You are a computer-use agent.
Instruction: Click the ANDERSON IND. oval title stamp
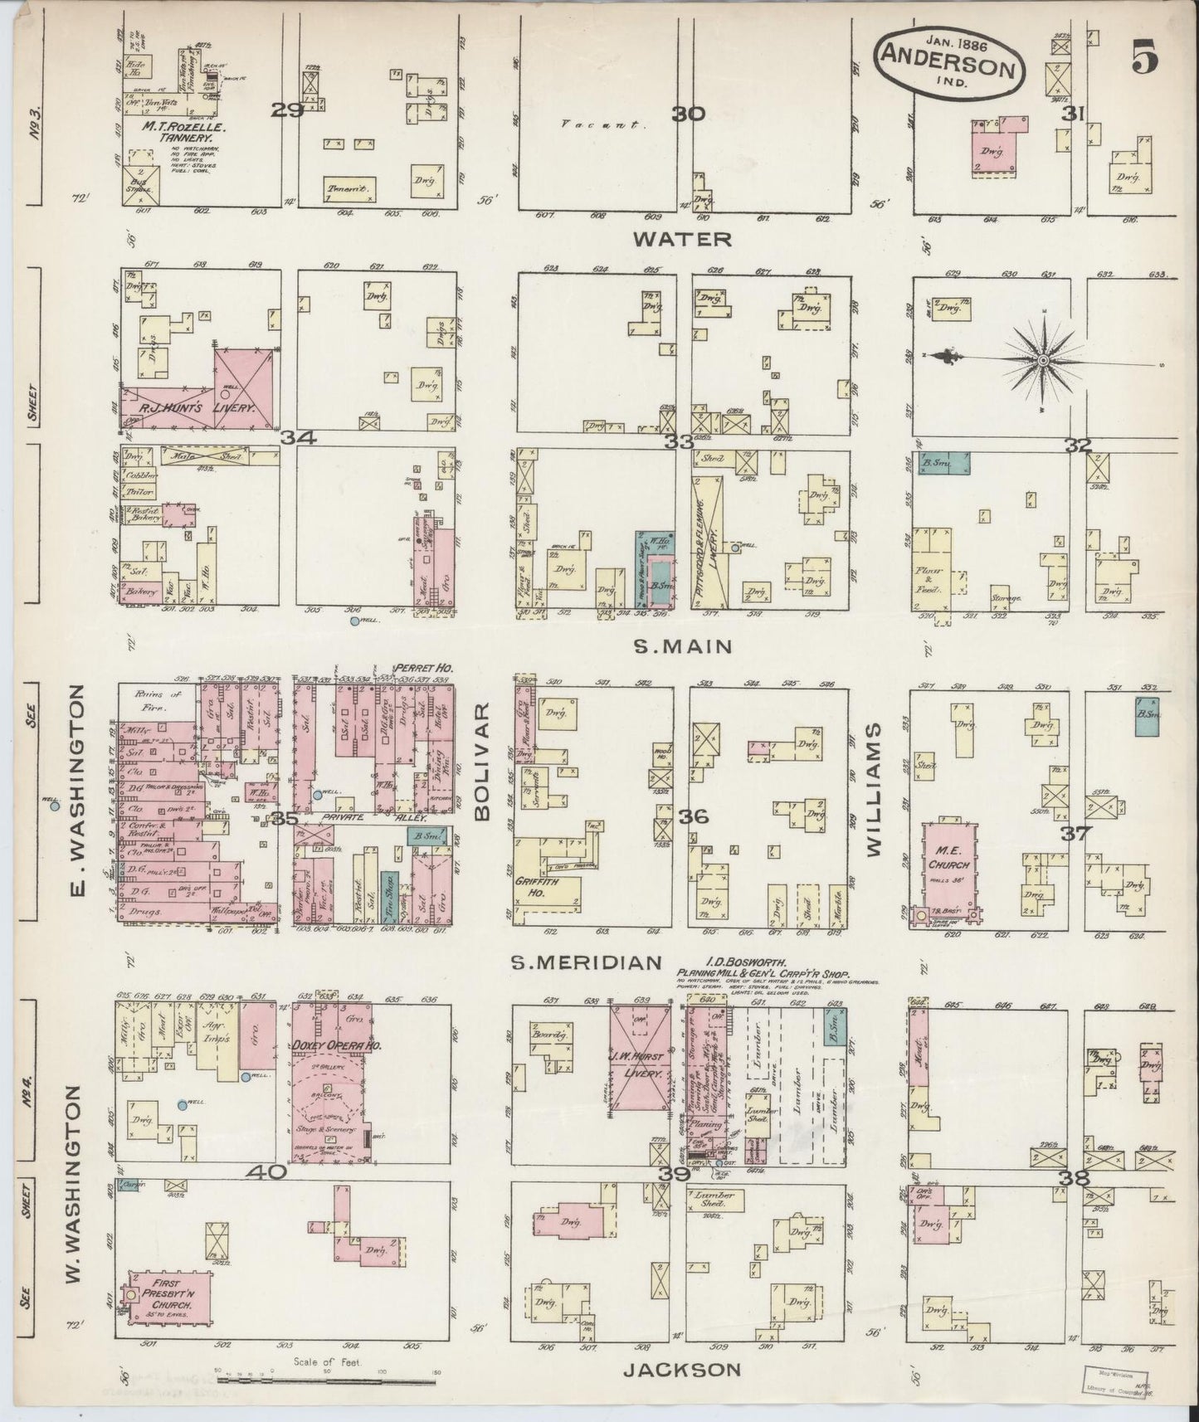(x=948, y=61)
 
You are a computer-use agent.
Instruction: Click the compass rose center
(x=1042, y=361)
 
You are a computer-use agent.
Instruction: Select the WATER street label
(x=682, y=239)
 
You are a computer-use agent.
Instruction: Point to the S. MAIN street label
(x=682, y=646)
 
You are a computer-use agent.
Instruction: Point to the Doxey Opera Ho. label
(x=335, y=1047)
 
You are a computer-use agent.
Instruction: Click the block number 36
(x=693, y=817)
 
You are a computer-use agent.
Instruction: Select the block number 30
(x=688, y=114)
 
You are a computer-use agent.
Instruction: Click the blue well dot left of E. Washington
(x=55, y=805)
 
